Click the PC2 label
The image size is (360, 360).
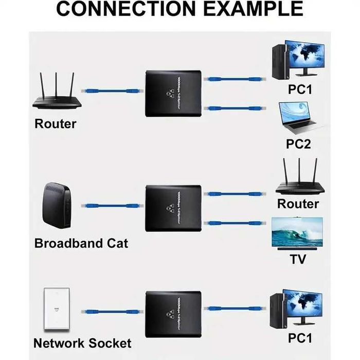(x=299, y=143)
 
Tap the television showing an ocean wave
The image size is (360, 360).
(x=298, y=232)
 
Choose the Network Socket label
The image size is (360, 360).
(x=82, y=343)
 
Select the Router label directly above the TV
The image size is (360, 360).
(x=298, y=204)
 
